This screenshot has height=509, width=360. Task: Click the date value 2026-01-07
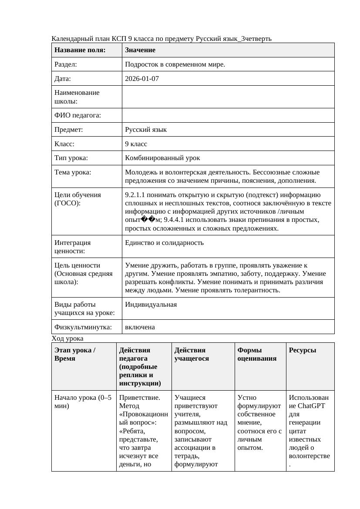click(142, 79)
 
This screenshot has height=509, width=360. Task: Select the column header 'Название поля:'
click(80, 50)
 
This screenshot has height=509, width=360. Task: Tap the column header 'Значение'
click(140, 50)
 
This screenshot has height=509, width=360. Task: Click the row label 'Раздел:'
click(66, 64)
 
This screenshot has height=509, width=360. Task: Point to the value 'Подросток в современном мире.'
click(175, 64)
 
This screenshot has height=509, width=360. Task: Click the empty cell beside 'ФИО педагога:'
click(228, 115)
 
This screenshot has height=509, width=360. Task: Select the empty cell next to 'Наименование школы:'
click(228, 97)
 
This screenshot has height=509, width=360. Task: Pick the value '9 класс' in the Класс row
click(136, 144)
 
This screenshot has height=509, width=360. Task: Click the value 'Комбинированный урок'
click(162, 158)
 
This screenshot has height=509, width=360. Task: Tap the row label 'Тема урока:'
click(73, 172)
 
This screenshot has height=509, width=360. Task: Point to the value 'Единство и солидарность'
click(164, 243)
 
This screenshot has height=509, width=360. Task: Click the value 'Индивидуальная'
click(151, 305)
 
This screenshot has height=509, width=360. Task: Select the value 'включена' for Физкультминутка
click(140, 327)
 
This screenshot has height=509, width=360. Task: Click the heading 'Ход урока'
click(67, 338)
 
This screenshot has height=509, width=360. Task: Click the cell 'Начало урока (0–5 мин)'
click(83, 402)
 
